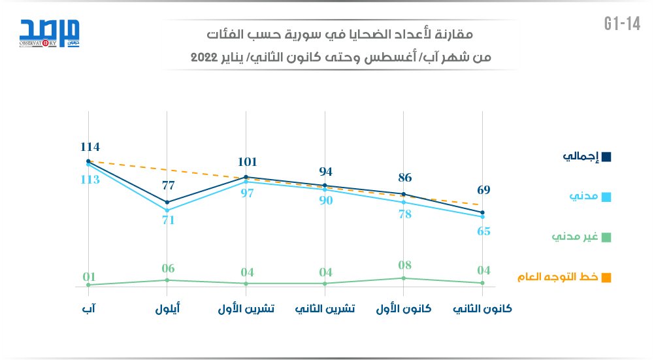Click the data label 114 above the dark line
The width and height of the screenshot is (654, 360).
(89, 147)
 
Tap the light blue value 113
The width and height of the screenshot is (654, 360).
(89, 180)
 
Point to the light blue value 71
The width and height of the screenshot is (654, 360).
(168, 220)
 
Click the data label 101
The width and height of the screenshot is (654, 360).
(246, 162)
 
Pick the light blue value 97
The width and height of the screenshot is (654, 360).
(246, 194)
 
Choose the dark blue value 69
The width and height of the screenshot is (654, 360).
(483, 190)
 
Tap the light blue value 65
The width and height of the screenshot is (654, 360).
(483, 231)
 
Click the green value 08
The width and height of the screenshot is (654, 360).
(404, 265)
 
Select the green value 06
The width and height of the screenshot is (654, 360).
(168, 268)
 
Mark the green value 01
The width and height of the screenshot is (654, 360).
(89, 277)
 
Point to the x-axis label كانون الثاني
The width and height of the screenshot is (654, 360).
(482, 309)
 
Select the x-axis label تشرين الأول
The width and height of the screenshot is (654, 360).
(246, 309)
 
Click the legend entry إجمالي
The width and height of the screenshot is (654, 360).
(587, 157)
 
